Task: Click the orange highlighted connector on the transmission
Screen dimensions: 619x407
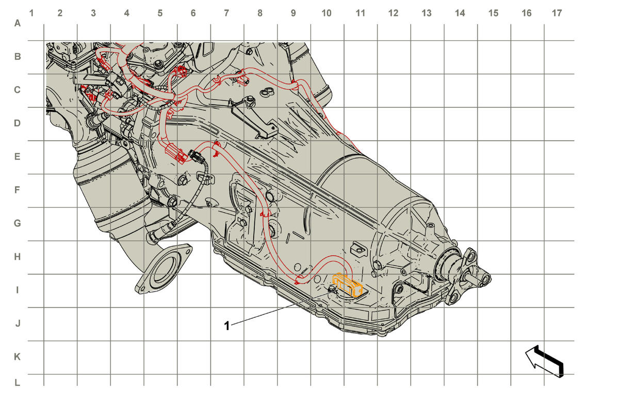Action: pos(348,285)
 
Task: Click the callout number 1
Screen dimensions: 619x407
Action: pos(226,326)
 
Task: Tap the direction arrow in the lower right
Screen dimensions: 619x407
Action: pos(544,361)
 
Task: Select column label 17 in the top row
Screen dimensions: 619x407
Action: pos(557,13)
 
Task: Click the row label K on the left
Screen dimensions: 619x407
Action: pos(17,357)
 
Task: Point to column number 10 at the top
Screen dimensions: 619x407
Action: pos(327,13)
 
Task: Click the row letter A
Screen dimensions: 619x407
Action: pos(18,23)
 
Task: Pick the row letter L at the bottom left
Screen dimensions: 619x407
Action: pos(17,383)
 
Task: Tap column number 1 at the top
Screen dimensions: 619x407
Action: pos(31,13)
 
